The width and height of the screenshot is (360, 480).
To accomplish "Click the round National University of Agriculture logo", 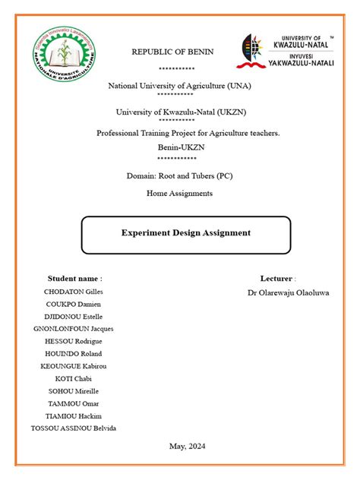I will (64, 57).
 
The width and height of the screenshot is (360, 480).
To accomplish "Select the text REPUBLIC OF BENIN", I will (172, 52).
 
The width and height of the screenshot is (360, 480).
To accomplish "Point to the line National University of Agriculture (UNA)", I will (179, 86).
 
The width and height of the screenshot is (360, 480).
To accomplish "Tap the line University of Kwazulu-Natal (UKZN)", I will (181, 112).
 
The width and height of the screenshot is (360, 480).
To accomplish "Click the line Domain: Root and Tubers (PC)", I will (180, 175).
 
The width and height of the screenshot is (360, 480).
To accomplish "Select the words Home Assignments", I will (179, 194).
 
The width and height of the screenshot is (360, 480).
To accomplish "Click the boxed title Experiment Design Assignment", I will (186, 233).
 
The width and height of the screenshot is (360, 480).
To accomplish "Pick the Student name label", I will (74, 279).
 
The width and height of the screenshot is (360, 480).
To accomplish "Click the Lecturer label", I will (277, 279).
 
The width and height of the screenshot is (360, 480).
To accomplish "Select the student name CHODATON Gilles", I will (74, 292).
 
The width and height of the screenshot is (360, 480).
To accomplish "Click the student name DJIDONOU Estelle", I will (74, 317).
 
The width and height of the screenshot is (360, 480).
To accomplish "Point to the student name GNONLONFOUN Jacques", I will (74, 329).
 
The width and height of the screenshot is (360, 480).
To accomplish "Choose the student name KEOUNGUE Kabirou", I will (74, 366).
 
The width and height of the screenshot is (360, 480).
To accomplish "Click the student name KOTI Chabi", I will (74, 378).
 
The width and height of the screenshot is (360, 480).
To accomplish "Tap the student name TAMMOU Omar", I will (74, 403).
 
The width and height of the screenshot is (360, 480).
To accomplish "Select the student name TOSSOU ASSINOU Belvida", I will (74, 428).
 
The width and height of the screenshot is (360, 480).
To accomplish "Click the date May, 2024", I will (187, 447).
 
